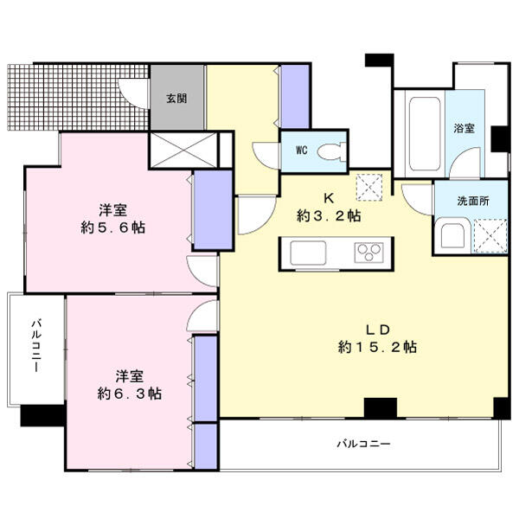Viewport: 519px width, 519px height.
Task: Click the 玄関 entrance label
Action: pos(176,98)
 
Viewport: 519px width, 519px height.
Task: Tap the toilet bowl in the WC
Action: pos(331,151)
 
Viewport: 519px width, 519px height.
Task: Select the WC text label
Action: pos(302,151)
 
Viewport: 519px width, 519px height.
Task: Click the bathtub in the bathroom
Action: pos(425,134)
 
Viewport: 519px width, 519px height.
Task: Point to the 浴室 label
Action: pos(464,128)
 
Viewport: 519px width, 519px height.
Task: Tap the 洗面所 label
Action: pos(473,201)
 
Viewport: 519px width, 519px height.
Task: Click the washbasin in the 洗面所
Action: pos(452,235)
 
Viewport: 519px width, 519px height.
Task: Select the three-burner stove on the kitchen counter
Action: pos(368,253)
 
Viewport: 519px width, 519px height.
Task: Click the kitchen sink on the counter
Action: pos(308,253)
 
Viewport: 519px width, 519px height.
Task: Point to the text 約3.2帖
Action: pos(329,216)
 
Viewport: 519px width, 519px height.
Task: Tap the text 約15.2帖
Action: pos(377,347)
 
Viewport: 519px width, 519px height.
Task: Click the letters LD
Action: pos(377,330)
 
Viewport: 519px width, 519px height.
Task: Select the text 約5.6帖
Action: pos(112,227)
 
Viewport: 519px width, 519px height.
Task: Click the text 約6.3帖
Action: pos(130,394)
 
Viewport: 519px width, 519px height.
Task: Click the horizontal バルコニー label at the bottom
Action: pos(363,444)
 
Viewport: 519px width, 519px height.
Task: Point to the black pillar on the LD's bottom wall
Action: pos(381,408)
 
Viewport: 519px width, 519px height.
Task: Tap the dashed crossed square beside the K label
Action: pos(369,188)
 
